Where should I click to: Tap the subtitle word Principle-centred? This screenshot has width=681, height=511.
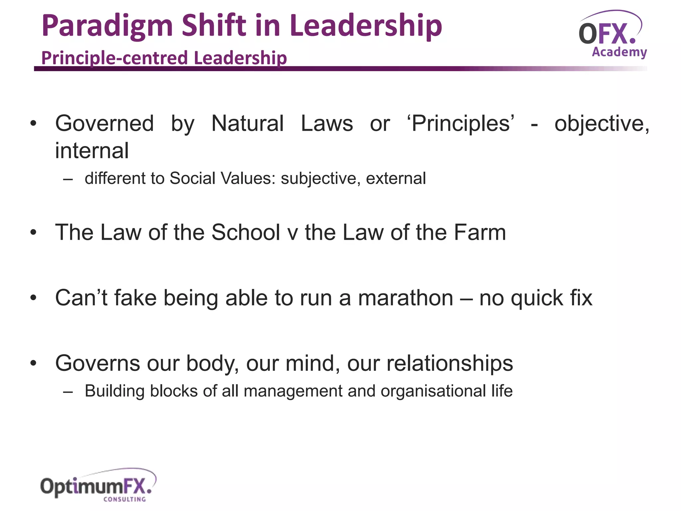pos(115,58)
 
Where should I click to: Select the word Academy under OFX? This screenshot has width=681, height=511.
pos(619,52)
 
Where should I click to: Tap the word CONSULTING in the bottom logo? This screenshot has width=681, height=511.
pos(124,499)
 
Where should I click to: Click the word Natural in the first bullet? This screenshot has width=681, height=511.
pos(247,123)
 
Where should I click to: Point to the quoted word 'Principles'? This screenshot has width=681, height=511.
pos(461,123)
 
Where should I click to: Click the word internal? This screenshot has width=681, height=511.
pos(92,151)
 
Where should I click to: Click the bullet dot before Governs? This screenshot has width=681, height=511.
pos(33,363)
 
